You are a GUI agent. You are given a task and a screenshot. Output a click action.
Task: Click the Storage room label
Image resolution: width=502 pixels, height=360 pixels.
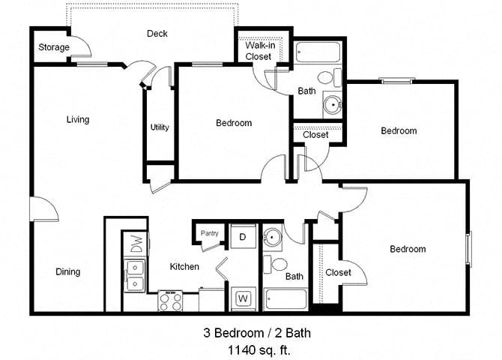[x=54, y=48]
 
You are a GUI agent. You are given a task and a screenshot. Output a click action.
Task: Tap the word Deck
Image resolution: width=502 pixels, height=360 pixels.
[x=157, y=34]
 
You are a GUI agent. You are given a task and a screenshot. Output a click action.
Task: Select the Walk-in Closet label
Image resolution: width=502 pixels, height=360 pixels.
[x=258, y=50]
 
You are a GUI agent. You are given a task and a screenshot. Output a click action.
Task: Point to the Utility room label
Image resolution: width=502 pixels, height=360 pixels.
[x=159, y=127]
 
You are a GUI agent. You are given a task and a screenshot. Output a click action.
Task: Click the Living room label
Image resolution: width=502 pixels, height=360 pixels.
[x=77, y=119]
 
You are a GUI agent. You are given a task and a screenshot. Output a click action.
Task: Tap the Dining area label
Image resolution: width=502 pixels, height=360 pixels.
[x=67, y=271]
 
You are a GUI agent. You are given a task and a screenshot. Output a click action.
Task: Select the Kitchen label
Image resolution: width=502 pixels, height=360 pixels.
[x=184, y=267]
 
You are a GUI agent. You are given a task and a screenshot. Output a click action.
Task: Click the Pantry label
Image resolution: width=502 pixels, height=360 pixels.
[x=210, y=233]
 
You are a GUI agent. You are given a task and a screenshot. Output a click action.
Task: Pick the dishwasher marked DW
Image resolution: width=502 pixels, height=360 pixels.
[x=136, y=243]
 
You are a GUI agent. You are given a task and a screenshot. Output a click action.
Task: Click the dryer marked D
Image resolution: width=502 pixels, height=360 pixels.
[x=243, y=236]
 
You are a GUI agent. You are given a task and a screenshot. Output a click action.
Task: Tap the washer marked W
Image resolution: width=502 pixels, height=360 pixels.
[x=243, y=298]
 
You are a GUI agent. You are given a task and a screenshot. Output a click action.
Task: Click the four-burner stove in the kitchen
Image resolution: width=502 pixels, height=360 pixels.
[x=170, y=301]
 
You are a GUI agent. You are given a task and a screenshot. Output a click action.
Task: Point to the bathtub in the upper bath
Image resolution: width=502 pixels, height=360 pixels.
[x=318, y=53]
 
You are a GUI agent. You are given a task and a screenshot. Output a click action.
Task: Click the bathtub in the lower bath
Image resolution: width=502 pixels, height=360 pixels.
[x=284, y=298]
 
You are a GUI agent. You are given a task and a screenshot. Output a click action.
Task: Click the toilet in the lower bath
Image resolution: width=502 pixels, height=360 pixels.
[x=279, y=264]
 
